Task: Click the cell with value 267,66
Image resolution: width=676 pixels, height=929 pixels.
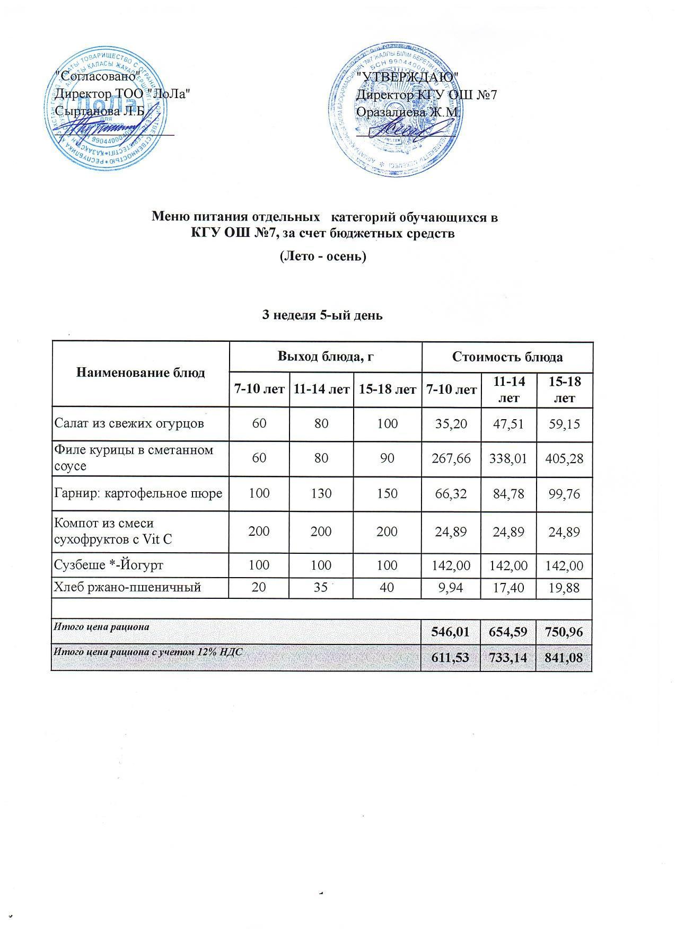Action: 450,458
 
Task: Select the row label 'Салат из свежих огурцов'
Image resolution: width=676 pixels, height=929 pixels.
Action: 129,423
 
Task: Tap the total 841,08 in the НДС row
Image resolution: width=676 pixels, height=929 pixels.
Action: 564,658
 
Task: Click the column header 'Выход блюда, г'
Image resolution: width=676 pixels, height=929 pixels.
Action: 326,357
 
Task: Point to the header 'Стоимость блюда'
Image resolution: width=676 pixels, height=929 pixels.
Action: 507,357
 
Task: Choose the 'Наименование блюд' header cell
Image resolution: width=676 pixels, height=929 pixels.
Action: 141,373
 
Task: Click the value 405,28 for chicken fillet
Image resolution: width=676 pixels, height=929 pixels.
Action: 564,458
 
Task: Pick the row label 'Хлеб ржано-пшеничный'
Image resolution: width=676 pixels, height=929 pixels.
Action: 127,587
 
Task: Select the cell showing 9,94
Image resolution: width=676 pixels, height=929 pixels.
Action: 450,587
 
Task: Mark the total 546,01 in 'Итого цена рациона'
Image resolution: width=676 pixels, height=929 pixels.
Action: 450,632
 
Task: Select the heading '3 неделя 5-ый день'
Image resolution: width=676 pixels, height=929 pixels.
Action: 323,315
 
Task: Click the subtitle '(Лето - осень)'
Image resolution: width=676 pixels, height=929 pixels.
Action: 323,256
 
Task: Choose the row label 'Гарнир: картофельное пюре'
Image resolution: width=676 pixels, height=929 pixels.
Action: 138,493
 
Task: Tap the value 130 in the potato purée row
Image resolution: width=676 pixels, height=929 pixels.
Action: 321,493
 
